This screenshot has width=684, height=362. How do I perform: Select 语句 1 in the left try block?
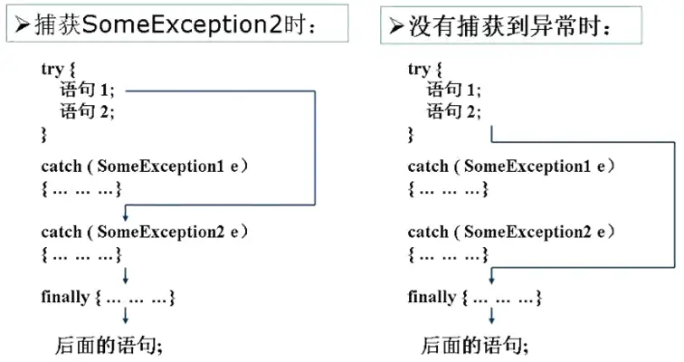(88, 90)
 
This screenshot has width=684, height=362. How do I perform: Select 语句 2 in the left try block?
(88, 112)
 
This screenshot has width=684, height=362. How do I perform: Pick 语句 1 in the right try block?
(454, 90)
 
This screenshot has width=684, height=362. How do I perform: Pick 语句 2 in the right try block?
(454, 112)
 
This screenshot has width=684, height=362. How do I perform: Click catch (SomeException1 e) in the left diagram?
(145, 167)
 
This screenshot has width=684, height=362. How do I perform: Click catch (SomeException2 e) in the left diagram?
(145, 232)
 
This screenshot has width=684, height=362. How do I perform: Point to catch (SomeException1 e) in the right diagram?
(511, 167)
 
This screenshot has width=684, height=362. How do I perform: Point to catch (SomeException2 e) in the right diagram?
(511, 232)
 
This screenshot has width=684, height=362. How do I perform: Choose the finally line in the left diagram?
(108, 297)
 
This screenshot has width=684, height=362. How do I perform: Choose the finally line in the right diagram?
(475, 297)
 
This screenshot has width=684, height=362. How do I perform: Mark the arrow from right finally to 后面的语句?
(491, 317)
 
